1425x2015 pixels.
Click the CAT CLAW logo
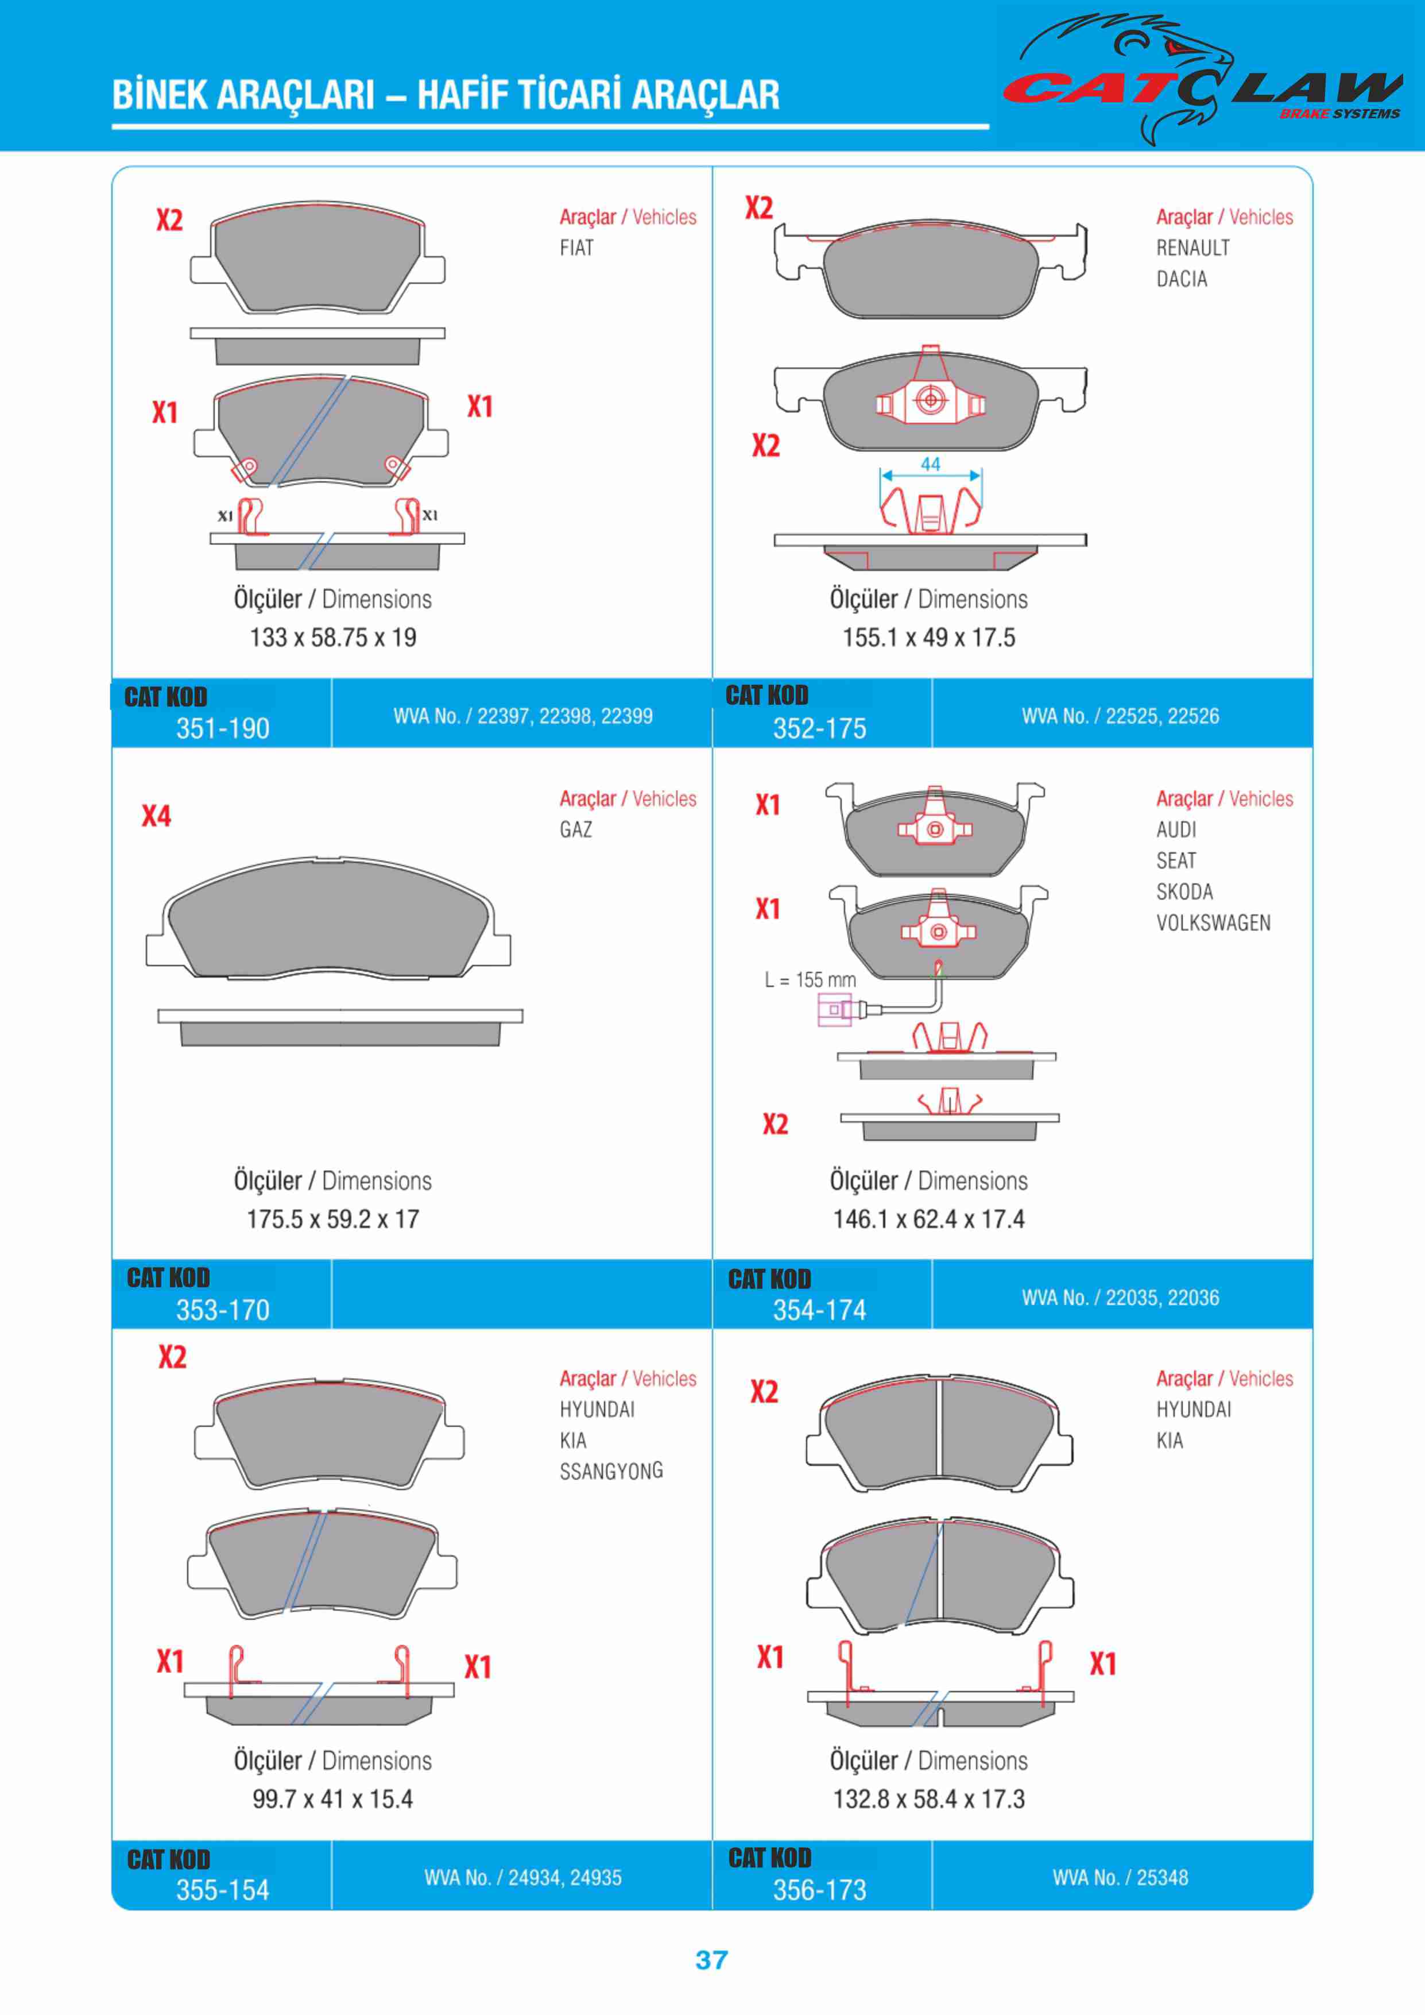1202,83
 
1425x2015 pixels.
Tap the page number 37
711,1960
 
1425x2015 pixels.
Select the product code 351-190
223,728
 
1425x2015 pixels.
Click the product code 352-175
819,728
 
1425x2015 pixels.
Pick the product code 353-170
223,1310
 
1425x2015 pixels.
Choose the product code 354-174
819,1310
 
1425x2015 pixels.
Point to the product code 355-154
223,1890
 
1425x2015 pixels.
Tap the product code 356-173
819,1890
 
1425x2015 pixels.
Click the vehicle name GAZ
576,829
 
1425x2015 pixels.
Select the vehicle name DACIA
1181,279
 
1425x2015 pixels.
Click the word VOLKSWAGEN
1213,923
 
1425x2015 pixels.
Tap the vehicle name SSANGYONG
611,1471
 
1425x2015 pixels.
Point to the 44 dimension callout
930,464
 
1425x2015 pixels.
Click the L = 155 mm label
810,979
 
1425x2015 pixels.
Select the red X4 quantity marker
156,816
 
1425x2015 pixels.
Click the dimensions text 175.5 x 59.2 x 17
332,1219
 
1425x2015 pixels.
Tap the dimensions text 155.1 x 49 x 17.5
928,638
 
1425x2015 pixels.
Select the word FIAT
576,248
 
